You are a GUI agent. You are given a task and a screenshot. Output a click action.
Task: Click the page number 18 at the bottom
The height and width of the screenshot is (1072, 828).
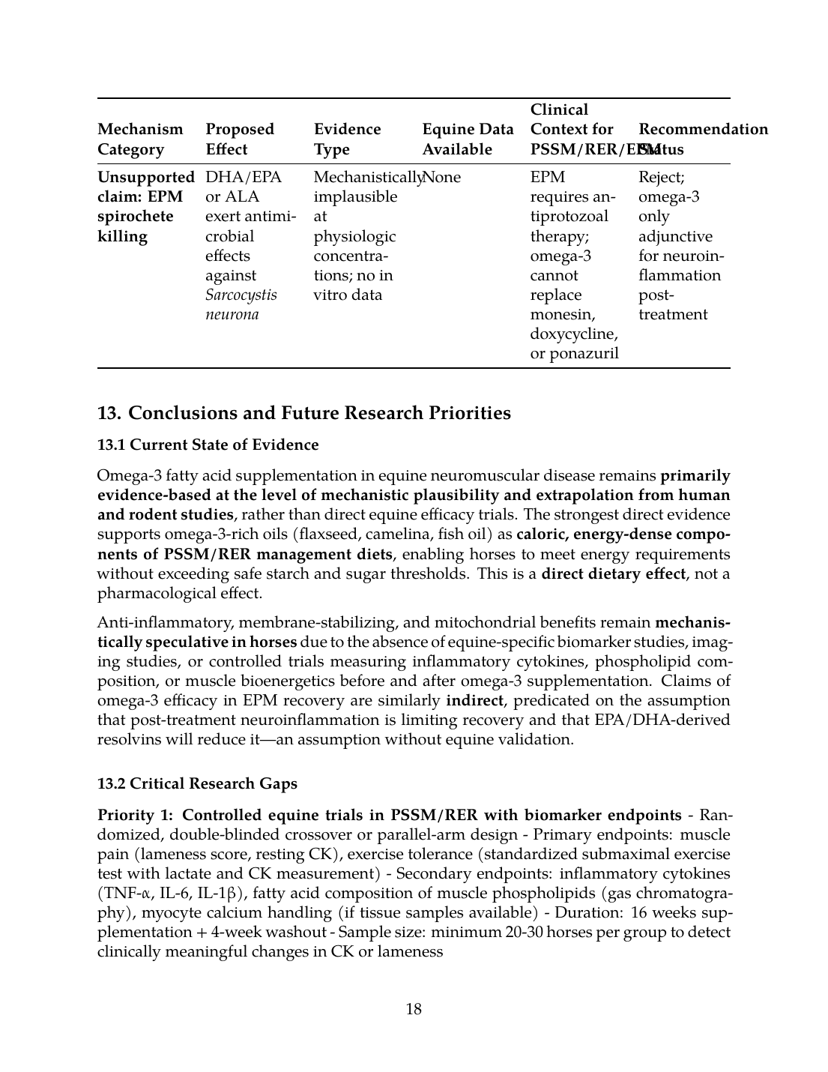[x=414, y=1009]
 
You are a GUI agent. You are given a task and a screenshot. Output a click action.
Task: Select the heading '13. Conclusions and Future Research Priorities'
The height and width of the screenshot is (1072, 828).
[x=304, y=413]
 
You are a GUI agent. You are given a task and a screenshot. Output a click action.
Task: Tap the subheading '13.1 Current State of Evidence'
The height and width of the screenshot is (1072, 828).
[x=208, y=445]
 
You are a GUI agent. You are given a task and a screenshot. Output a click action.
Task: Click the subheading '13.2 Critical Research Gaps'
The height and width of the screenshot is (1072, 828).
[x=197, y=783]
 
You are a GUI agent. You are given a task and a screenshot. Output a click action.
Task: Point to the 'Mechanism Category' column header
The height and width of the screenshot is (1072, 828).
[x=140, y=139]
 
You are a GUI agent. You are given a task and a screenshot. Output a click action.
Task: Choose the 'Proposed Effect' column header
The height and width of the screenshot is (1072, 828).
[x=240, y=139]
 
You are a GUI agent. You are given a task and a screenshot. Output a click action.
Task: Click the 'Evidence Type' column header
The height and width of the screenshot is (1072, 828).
[x=347, y=139]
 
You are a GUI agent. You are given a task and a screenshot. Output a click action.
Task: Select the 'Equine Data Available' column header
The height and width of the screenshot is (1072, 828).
[x=468, y=139]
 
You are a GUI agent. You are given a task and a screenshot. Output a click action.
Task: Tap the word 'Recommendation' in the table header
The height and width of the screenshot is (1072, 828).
[x=703, y=129]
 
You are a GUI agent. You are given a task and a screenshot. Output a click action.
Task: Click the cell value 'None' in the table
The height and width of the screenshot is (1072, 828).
[x=443, y=178]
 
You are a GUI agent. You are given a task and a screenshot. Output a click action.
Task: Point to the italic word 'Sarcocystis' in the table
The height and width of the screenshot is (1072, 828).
[x=241, y=295]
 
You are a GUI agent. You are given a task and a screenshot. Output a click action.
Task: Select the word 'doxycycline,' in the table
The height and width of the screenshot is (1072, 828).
[x=573, y=334]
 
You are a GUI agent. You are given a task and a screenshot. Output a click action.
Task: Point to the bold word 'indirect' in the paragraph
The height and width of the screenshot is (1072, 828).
[x=475, y=701]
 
